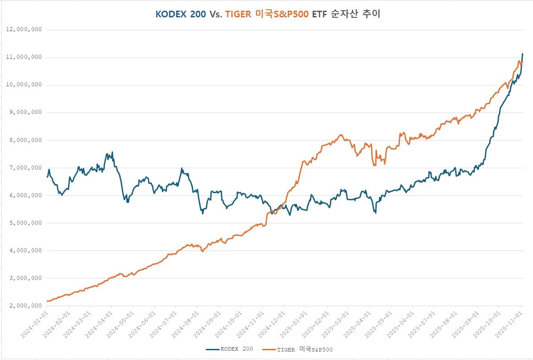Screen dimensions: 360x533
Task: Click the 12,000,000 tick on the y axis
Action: click(24, 30)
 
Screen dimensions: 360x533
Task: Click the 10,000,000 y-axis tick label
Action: click(24, 85)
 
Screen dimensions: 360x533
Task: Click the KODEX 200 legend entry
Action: click(230, 349)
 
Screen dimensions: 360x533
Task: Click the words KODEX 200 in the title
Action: click(181, 14)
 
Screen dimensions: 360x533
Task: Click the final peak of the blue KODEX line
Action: click(522, 54)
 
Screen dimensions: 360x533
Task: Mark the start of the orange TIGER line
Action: click(47, 301)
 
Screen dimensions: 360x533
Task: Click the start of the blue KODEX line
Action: click(47, 177)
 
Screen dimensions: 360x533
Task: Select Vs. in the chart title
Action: click(216, 14)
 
